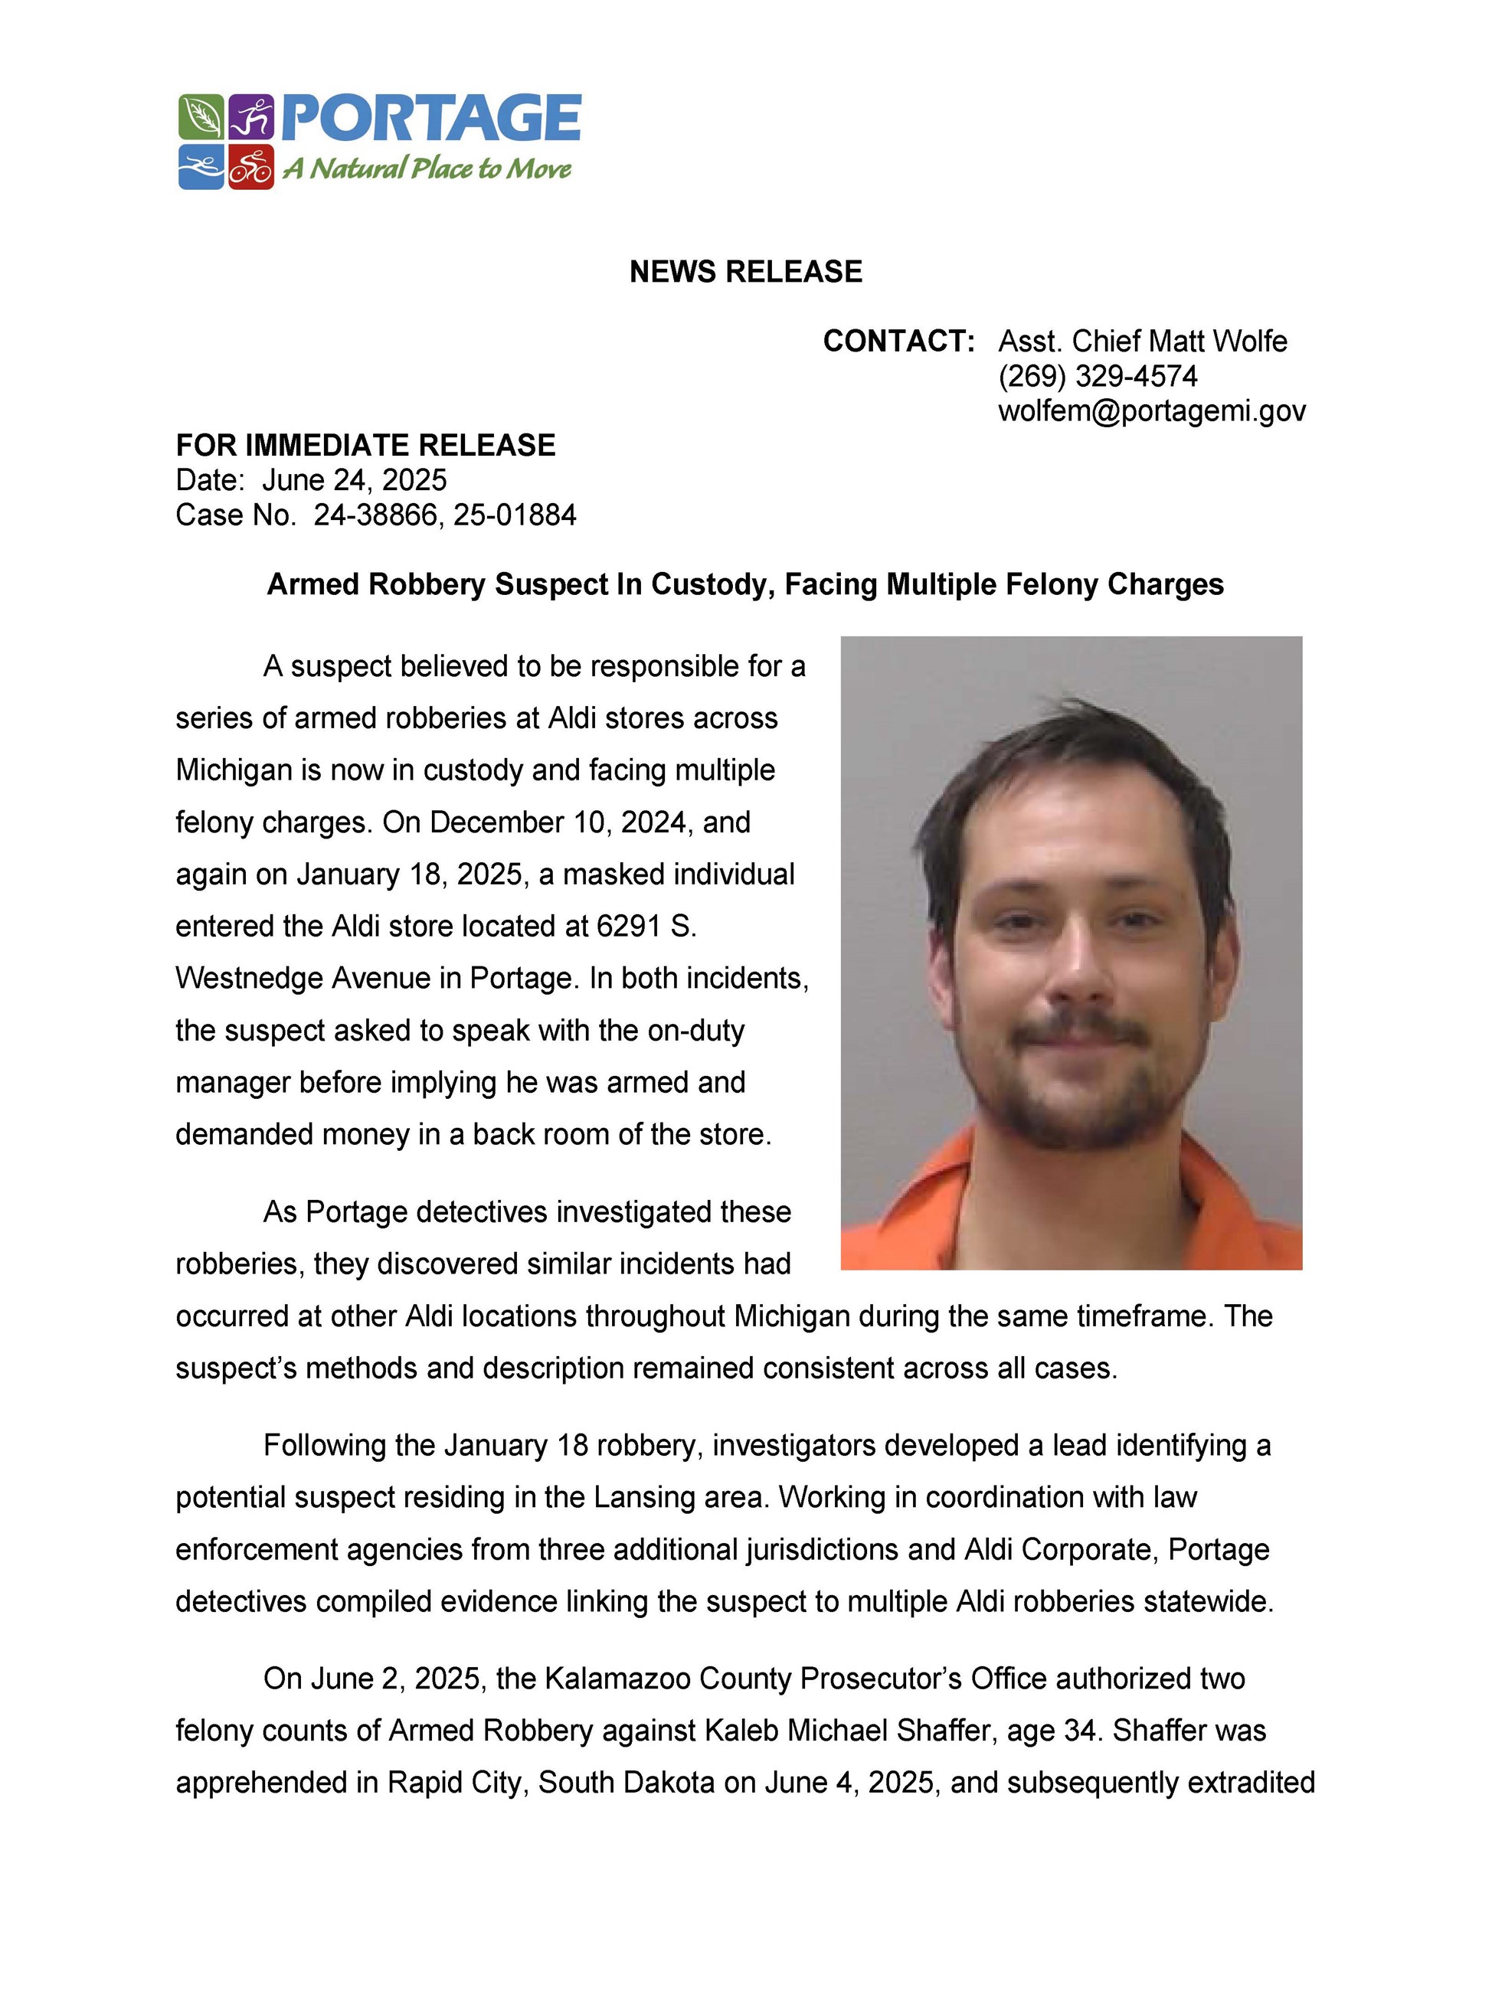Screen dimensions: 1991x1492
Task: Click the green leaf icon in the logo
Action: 200,118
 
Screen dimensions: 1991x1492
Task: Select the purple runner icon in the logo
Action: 251,118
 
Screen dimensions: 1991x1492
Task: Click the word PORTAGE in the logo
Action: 431,118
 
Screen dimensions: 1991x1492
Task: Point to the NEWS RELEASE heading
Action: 745,272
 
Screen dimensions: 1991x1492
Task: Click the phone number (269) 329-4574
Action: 1098,376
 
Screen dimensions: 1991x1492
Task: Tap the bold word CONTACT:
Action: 898,341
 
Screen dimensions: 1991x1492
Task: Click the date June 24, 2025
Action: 354,479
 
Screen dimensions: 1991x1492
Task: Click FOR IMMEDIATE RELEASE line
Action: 365,446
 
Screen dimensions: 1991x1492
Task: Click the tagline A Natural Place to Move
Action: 427,168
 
